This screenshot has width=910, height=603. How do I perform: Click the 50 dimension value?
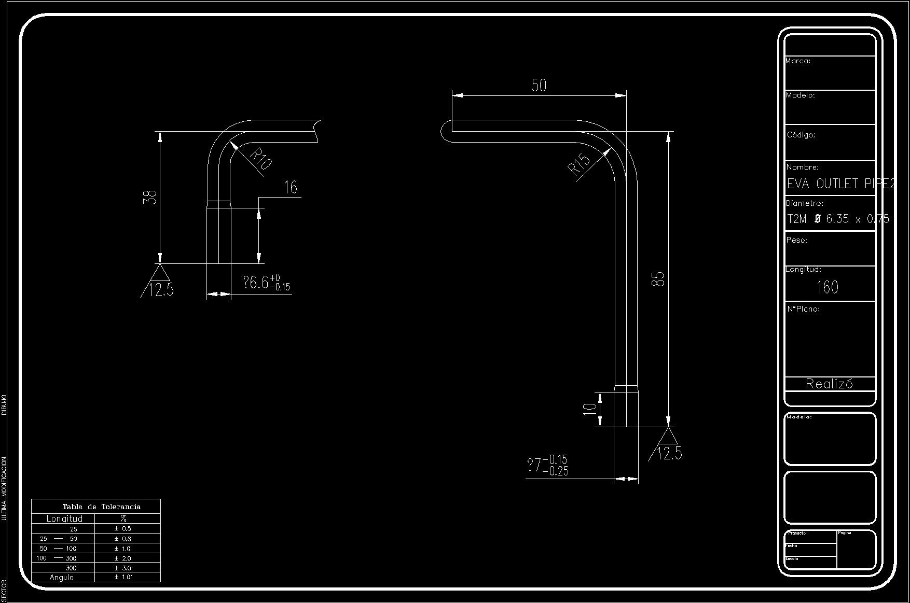(539, 85)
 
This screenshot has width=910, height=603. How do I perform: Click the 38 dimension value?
(150, 198)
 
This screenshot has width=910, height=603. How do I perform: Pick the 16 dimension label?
(291, 187)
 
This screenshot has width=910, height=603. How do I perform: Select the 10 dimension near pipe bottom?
(590, 409)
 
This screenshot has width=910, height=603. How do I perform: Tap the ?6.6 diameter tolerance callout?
(267, 283)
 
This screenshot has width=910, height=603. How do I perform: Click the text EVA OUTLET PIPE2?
(840, 184)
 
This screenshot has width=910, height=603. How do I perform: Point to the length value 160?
(828, 287)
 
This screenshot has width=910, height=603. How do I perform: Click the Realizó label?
(829, 384)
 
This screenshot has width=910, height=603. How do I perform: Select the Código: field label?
(801, 135)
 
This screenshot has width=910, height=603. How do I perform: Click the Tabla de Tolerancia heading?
(101, 507)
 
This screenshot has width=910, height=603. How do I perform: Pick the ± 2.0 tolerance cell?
(123, 558)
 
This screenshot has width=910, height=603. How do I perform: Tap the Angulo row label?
(62, 578)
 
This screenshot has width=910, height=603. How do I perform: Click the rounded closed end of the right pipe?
(445, 131)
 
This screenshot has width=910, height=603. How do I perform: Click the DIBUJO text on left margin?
(4, 405)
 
